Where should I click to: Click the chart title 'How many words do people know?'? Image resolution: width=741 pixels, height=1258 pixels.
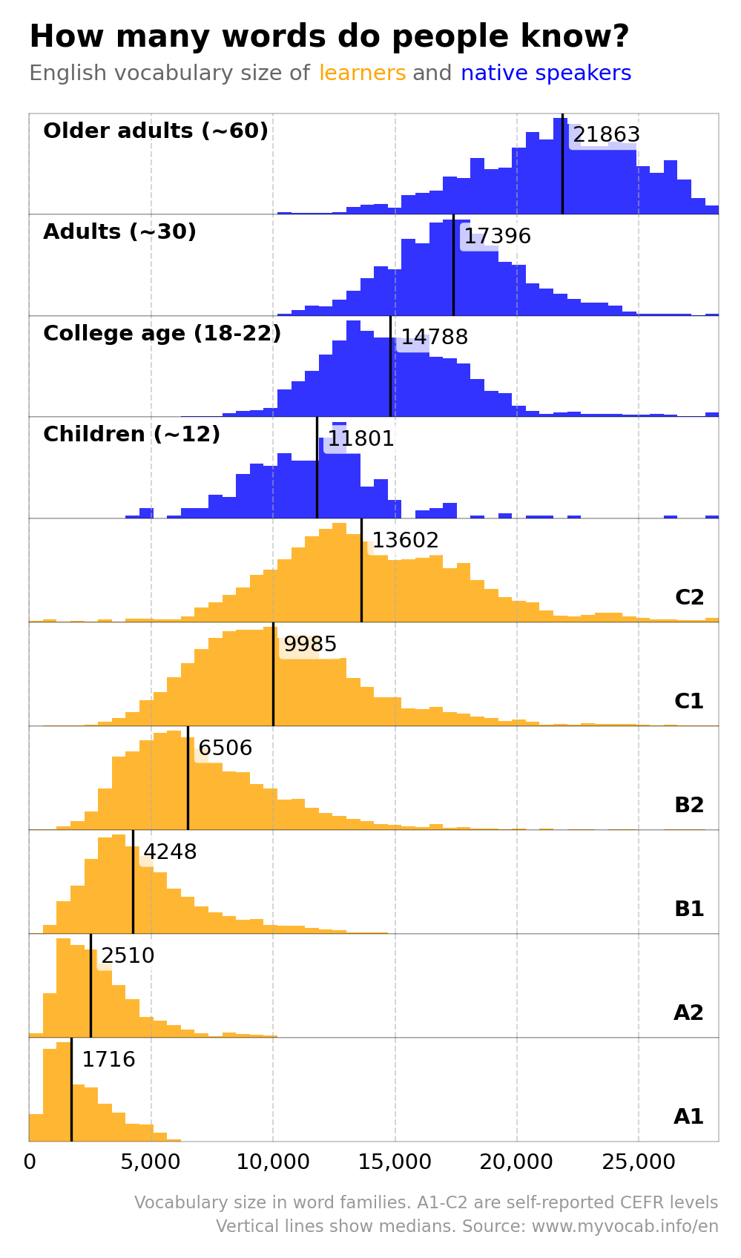click(329, 37)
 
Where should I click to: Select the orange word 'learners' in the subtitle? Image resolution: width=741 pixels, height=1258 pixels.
click(362, 73)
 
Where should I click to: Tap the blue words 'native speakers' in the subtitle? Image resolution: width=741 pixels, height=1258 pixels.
click(546, 73)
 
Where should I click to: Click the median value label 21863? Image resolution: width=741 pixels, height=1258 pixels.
click(606, 135)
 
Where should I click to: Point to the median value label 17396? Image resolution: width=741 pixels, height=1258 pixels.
click(497, 237)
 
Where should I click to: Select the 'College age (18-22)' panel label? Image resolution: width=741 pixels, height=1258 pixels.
click(162, 334)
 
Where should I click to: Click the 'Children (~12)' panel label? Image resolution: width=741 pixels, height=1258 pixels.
click(131, 435)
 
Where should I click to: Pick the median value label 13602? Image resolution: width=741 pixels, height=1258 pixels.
click(405, 541)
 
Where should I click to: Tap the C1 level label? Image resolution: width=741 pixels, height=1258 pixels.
click(688, 701)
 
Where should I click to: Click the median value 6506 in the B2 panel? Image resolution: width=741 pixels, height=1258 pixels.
click(225, 748)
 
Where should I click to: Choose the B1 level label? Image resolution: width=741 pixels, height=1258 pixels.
click(688, 909)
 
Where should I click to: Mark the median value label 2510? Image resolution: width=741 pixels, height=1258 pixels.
click(128, 956)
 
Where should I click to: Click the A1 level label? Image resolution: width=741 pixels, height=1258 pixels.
click(688, 1116)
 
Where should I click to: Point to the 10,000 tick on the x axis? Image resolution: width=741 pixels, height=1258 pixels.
click(273, 1162)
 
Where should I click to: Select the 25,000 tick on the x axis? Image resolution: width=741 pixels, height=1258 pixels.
click(639, 1162)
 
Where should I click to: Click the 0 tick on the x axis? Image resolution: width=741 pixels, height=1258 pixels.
click(30, 1162)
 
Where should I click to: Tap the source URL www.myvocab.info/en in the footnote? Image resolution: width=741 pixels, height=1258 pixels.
click(625, 1226)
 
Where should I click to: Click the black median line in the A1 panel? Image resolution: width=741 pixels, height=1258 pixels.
click(71, 1098)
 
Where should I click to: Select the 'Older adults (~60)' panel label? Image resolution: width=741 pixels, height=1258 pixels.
click(156, 131)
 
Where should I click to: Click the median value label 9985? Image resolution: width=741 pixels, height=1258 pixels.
click(310, 645)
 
